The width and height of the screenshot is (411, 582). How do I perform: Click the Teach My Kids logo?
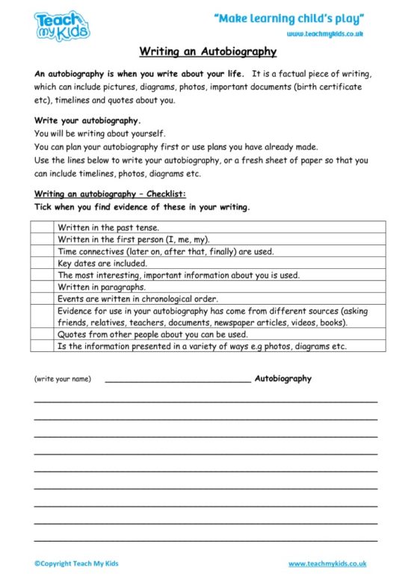pyautogui.click(x=62, y=25)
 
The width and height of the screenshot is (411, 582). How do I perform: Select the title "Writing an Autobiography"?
pyautogui.click(x=208, y=52)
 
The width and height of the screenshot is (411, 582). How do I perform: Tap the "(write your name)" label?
pyautogui.click(x=63, y=380)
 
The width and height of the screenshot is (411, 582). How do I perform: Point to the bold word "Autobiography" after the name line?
pyautogui.click(x=283, y=379)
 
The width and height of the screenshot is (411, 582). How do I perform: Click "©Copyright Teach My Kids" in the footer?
pyautogui.click(x=76, y=563)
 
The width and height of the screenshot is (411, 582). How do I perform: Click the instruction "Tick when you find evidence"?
pyautogui.click(x=142, y=207)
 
